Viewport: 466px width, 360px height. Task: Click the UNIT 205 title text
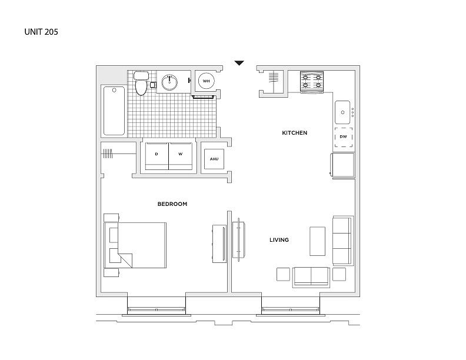point(41,32)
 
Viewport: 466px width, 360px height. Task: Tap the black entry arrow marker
point(239,63)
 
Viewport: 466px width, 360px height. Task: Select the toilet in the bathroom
point(141,83)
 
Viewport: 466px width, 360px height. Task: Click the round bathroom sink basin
point(169,82)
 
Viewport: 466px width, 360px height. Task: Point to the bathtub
point(114,111)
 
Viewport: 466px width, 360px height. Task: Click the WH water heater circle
point(207,81)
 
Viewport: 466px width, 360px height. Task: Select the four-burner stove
point(312,81)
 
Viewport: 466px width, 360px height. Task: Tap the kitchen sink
point(342,112)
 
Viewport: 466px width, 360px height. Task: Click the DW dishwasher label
point(343,136)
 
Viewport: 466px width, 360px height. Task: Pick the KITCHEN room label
point(295,133)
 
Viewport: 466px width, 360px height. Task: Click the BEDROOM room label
point(172,204)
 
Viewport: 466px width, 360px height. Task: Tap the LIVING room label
point(279,240)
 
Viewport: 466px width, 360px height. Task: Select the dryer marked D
point(157,156)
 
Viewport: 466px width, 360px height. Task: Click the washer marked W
point(181,156)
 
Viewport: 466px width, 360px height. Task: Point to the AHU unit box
point(214,159)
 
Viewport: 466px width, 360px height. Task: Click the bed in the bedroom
point(135,245)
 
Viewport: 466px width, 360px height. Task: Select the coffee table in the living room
point(317,241)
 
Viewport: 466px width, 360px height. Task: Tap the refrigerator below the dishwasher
point(342,165)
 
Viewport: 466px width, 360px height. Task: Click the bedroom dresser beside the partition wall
point(219,244)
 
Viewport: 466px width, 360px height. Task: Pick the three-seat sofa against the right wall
point(343,241)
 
